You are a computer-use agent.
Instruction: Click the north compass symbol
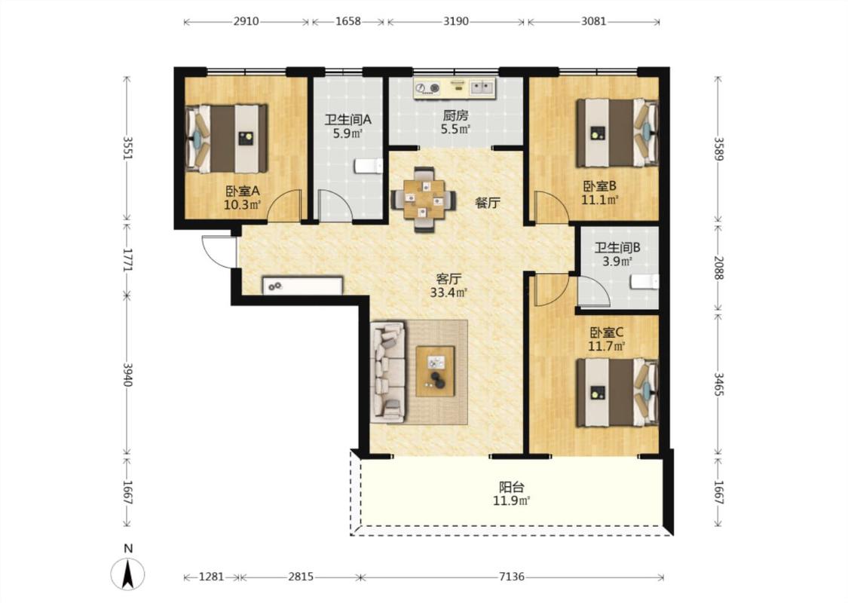tap(127, 574)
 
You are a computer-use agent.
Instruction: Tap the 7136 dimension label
tap(512, 577)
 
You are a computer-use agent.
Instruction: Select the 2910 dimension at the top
tap(246, 22)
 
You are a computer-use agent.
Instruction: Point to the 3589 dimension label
tap(718, 148)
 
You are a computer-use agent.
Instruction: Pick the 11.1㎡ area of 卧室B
tap(600, 200)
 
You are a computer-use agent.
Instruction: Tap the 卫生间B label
tap(617, 248)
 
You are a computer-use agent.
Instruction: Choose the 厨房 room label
tap(455, 115)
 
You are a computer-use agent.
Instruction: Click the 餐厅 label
tap(487, 204)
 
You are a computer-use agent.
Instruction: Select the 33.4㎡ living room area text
tap(448, 293)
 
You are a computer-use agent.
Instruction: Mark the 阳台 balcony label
tap(511, 487)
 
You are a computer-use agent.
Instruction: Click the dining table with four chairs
tap(424, 200)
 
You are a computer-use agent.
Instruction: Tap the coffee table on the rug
tap(435, 371)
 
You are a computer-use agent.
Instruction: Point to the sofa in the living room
tap(387, 372)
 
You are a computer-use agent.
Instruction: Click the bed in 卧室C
tap(617, 393)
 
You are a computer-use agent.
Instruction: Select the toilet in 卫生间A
tap(369, 166)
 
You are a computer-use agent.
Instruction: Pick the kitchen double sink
tap(482, 87)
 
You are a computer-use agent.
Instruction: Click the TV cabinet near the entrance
tap(303, 286)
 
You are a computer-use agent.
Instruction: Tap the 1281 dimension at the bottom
tap(212, 577)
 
